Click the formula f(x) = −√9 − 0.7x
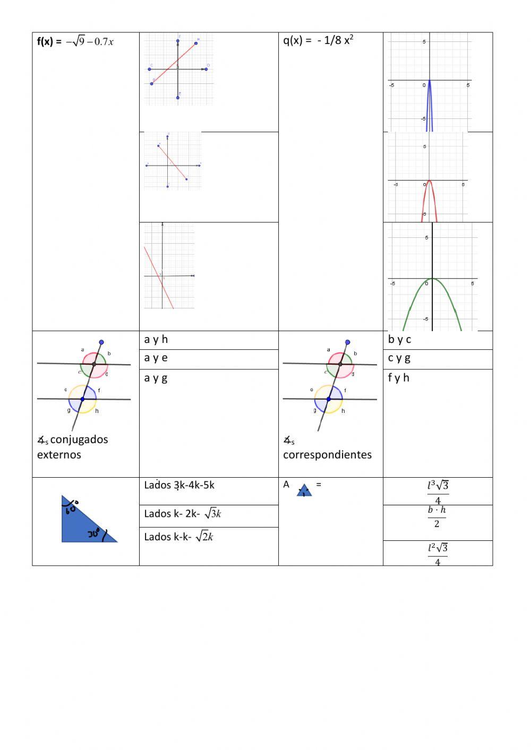coord(75,42)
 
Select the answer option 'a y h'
coord(156,340)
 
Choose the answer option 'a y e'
coord(156,358)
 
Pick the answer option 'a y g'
coord(156,378)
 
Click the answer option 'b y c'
coord(399,340)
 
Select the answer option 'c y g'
coord(399,358)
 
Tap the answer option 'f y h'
coord(399,378)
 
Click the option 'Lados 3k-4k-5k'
coord(179,485)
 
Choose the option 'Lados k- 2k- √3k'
coord(183,514)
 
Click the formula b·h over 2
coord(437,516)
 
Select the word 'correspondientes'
coord(327,455)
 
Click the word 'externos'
coord(59,455)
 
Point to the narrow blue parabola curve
coord(430,106)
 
